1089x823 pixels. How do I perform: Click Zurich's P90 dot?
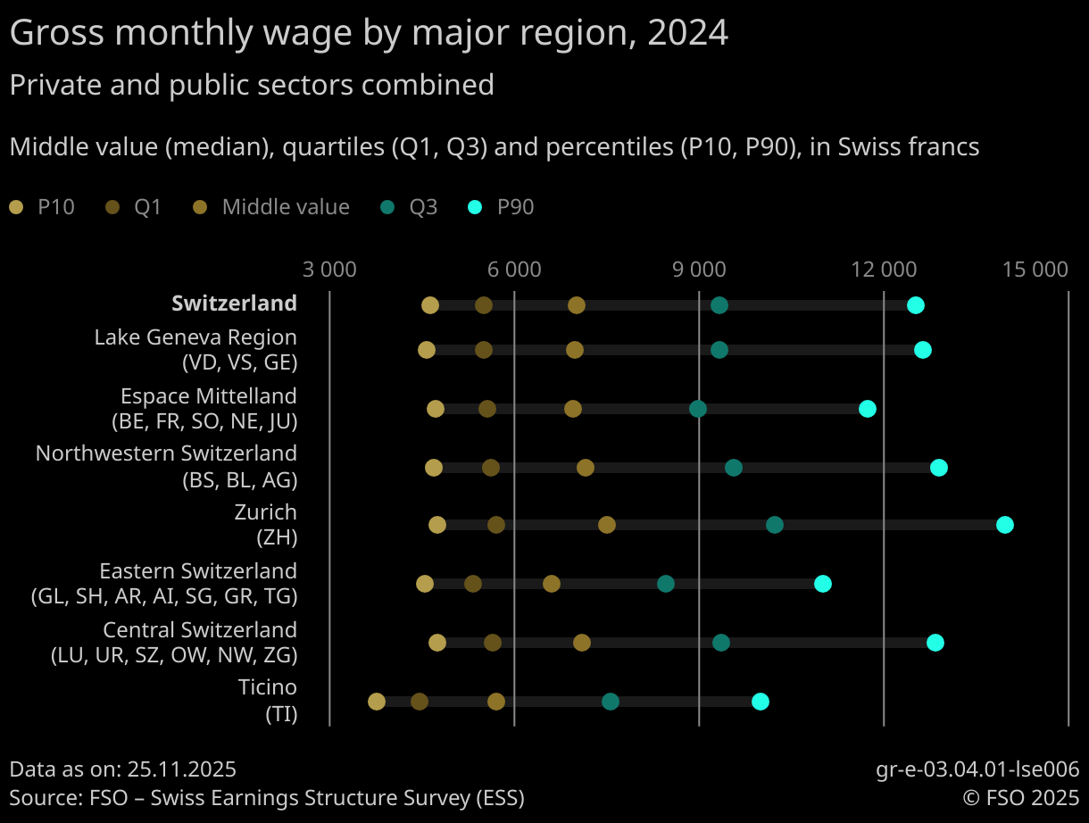(1005, 525)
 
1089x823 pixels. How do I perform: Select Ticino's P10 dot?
(377, 702)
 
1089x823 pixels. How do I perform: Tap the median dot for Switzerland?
(577, 305)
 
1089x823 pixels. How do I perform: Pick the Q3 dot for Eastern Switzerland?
(666, 584)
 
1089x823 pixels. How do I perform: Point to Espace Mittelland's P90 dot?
(868, 409)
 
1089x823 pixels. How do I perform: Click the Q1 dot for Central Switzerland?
(493, 643)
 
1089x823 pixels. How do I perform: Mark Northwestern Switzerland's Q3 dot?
(734, 468)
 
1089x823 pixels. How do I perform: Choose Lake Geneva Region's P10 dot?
(427, 350)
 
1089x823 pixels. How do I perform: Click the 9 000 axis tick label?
(699, 269)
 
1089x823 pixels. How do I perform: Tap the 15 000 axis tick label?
(1035, 269)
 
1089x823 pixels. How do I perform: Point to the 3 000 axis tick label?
(329, 269)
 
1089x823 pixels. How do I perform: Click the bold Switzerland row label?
(234, 303)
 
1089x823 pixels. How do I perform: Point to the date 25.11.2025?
(182, 769)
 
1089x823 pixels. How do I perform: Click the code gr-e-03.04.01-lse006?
(977, 769)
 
